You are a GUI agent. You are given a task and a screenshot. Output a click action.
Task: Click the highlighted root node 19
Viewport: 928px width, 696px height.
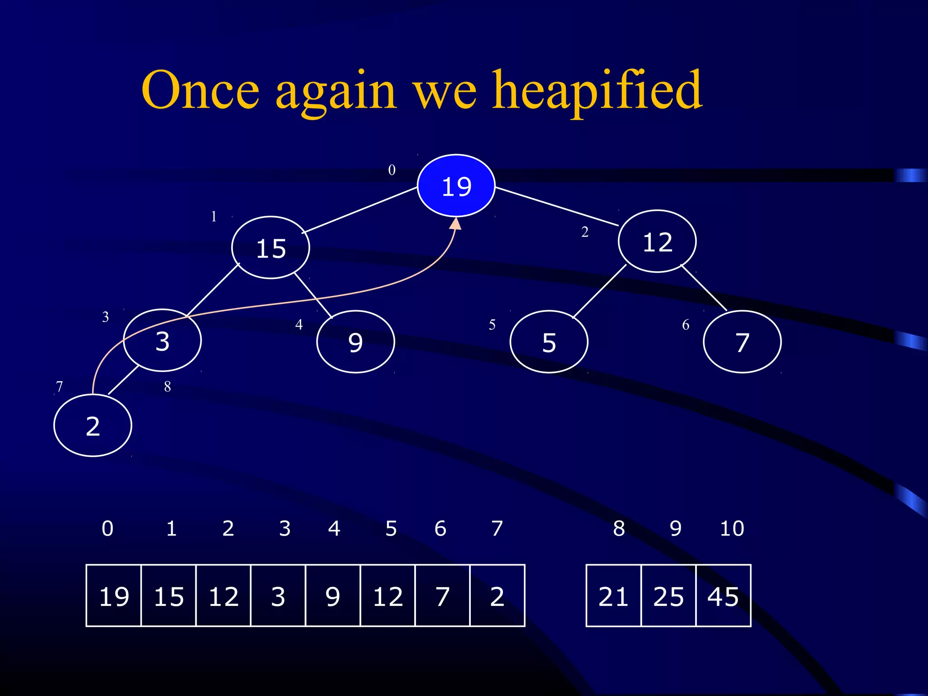[x=456, y=186]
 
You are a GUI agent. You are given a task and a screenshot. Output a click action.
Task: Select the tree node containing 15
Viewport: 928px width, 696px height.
[x=271, y=248]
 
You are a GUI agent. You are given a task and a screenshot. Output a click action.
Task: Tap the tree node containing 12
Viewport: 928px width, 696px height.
[x=657, y=241]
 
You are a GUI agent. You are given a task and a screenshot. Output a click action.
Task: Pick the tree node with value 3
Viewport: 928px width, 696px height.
[x=162, y=341]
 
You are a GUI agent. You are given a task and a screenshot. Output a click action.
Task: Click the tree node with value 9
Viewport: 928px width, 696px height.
[x=356, y=342]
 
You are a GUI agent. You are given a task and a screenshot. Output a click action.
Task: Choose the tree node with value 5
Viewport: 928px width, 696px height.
[x=549, y=342]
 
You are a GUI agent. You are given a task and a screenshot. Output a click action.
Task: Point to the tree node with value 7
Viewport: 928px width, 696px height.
[x=742, y=342]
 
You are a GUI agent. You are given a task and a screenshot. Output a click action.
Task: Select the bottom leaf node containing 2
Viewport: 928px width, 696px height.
[x=93, y=425]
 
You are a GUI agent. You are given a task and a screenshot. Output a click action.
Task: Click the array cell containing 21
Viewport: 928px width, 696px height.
[x=614, y=596]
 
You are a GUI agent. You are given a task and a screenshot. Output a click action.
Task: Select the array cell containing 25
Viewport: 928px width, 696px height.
[x=668, y=596]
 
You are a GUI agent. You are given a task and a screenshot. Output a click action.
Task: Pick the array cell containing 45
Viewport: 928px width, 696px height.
[x=723, y=596]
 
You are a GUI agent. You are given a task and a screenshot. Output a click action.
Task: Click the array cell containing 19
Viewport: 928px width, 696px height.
[x=114, y=596]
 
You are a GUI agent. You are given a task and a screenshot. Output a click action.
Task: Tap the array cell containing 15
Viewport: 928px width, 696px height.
[x=169, y=596]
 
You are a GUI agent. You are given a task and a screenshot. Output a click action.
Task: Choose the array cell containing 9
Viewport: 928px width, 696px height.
[x=333, y=596]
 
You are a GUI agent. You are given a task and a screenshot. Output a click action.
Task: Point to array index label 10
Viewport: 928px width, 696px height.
[x=732, y=528]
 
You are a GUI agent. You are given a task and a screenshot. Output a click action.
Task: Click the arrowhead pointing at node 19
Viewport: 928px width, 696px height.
[x=456, y=223]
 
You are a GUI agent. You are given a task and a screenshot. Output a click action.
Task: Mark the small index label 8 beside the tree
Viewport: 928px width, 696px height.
[x=167, y=387]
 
